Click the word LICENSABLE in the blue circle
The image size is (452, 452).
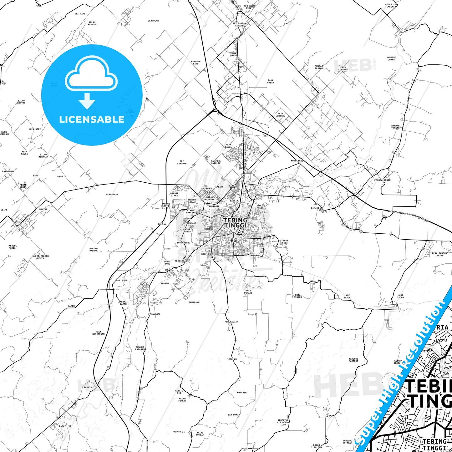coord(92,119)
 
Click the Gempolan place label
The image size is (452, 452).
coord(153,21)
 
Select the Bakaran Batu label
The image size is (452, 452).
coord(196,63)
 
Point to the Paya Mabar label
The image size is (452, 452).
coord(271,82)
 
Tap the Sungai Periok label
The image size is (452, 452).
coord(319,67)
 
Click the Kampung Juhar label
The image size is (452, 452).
coord(391,58)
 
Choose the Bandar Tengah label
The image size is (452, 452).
coord(395,127)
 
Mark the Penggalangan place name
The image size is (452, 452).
coord(383,180)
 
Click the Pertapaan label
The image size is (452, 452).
coord(112,195)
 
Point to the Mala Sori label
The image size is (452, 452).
coord(35,129)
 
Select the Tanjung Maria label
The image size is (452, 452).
coord(12,247)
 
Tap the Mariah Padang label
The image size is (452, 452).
coord(94,250)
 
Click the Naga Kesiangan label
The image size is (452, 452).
coord(99,333)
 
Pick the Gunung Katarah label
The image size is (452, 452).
coord(140,348)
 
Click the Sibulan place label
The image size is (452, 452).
coord(232,359)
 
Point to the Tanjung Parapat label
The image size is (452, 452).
coord(353,360)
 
